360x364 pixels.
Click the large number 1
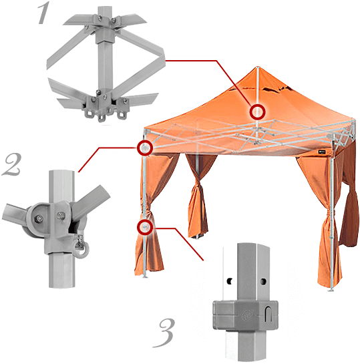[x=43, y=13]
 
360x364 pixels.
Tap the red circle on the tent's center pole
[x=257, y=112]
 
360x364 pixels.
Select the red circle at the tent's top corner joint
[x=145, y=148]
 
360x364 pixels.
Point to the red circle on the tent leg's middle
[x=145, y=226]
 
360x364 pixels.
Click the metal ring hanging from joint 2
[x=82, y=249]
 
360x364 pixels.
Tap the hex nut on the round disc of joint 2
[x=39, y=218]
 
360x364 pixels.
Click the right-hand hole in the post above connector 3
[x=262, y=281]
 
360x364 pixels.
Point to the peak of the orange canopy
[x=257, y=67]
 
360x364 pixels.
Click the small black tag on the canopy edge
[x=323, y=152]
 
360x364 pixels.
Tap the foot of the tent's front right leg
[x=332, y=289]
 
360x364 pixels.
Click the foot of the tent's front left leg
[x=145, y=276]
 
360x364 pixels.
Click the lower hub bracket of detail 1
[x=104, y=104]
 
